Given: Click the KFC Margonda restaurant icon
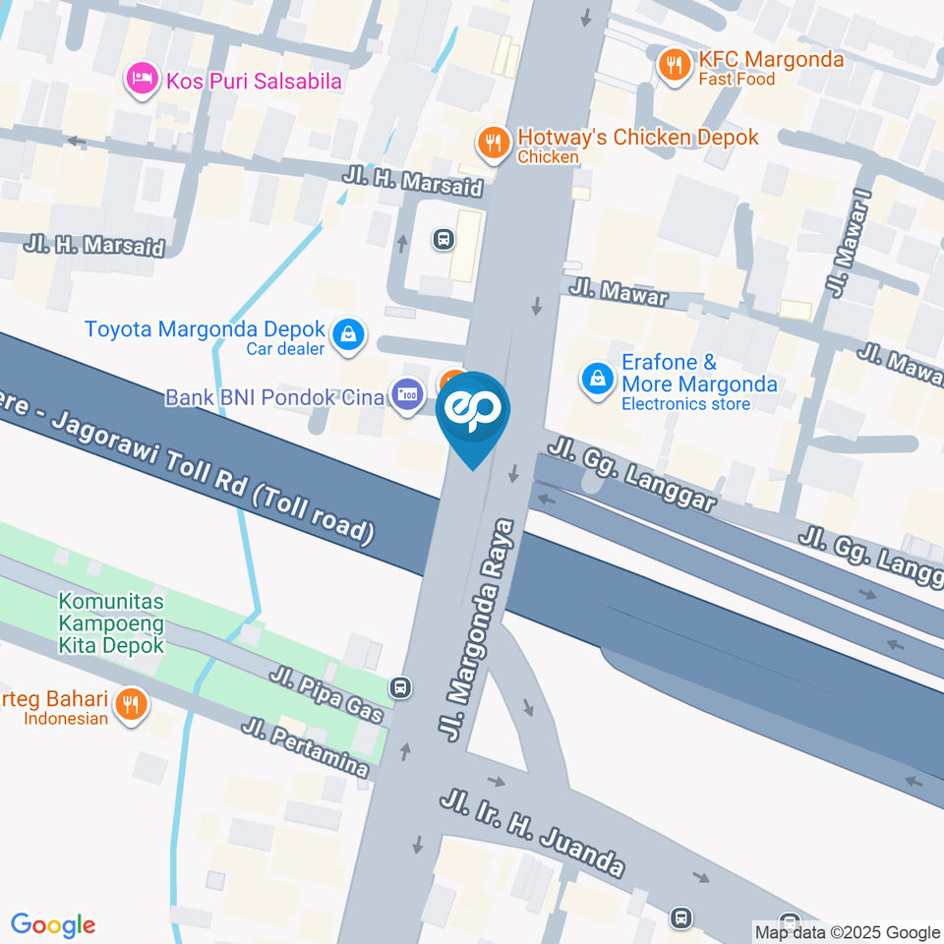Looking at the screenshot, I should [674, 65].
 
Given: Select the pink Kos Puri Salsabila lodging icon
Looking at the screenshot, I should [143, 80].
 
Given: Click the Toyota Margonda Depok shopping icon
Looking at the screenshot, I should [348, 337].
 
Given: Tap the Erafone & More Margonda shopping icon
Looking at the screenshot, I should [597, 379].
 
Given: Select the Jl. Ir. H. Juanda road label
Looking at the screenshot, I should [532, 831].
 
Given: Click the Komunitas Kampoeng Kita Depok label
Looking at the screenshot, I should [111, 622].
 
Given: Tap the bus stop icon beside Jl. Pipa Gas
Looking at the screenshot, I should [399, 687].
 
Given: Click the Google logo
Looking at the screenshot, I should [53, 925].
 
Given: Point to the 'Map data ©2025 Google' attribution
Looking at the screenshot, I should [847, 932].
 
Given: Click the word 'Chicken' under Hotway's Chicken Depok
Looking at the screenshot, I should [548, 156].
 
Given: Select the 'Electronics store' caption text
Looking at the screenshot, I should [685, 403].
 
